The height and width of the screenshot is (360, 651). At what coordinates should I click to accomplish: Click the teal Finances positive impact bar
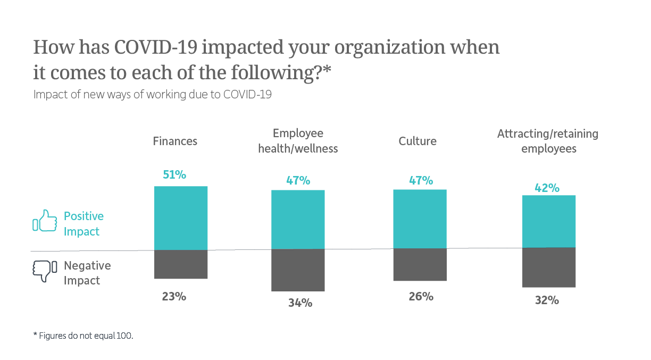181,217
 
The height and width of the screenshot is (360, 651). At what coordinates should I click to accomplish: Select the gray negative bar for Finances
181,264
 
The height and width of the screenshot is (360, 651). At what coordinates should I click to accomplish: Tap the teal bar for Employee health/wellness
298,219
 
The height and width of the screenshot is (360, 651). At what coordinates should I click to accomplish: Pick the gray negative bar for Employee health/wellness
298,270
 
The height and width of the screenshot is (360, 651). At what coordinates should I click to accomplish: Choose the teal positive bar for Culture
420,219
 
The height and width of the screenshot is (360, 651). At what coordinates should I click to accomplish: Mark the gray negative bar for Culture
420,265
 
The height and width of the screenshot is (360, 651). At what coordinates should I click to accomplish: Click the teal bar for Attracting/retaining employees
549,221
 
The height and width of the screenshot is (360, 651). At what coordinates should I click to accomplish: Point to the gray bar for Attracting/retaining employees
549,267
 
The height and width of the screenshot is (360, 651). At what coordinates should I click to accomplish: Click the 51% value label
174,174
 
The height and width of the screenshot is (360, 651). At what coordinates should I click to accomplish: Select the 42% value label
547,188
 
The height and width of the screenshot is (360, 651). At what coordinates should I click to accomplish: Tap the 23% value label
174,297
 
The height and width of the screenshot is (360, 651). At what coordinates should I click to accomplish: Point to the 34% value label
300,303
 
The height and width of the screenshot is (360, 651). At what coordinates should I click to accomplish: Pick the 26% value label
421,297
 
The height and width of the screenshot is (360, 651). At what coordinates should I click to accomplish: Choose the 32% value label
547,300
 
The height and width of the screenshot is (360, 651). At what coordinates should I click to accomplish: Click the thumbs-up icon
45,221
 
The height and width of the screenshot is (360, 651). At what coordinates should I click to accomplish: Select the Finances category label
175,141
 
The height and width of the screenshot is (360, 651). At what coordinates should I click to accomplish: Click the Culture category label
418,141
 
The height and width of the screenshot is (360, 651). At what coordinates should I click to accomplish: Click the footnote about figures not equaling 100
83,336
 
